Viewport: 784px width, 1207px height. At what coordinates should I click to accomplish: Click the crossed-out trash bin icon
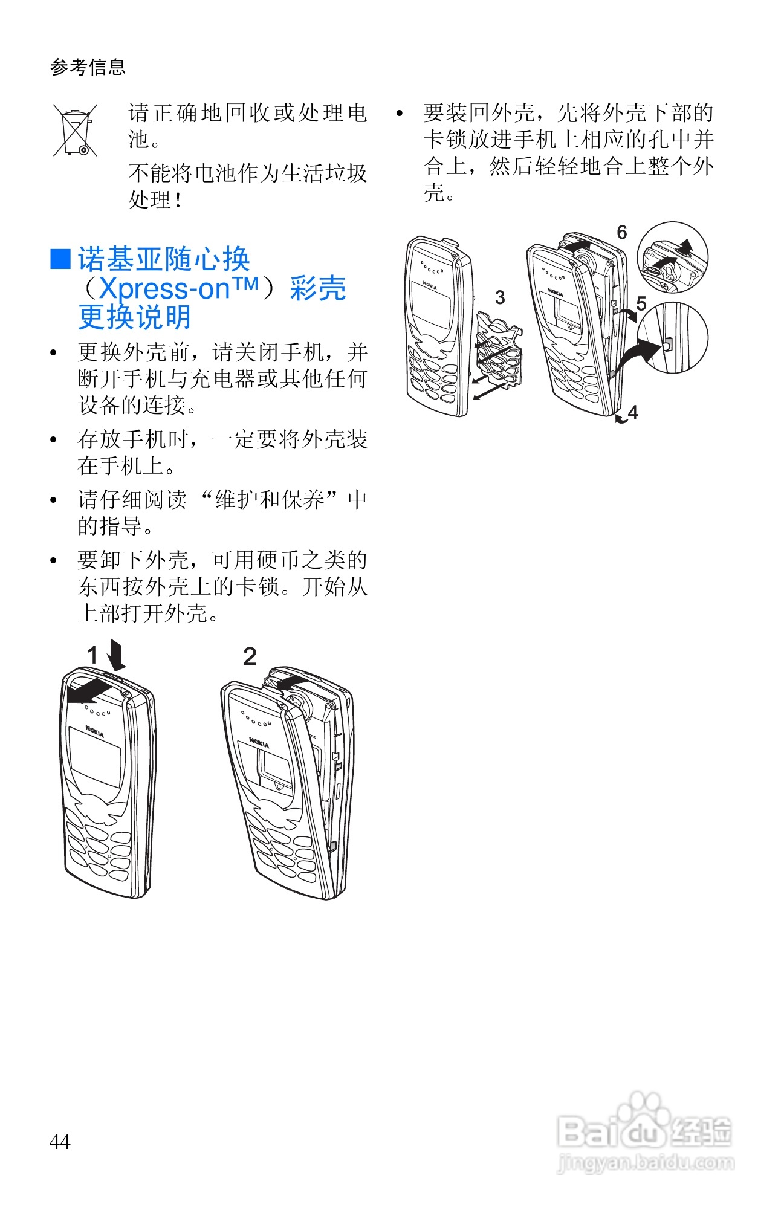(75, 130)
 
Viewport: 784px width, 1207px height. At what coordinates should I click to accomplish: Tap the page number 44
(60, 1142)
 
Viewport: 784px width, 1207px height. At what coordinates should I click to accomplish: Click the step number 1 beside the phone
(92, 655)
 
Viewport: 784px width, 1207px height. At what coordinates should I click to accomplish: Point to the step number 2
(250, 656)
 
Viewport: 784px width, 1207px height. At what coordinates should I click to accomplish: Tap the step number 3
(500, 297)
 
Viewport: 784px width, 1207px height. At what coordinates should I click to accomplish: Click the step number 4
(633, 412)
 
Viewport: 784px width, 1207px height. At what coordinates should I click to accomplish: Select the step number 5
(641, 303)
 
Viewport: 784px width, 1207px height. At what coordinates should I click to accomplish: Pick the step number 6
(622, 232)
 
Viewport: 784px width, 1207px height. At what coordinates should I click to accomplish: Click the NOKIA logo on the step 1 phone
(94, 731)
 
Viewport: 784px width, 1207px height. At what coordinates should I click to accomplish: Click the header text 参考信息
(88, 66)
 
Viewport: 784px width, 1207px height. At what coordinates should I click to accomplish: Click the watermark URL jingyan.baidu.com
(645, 1162)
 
